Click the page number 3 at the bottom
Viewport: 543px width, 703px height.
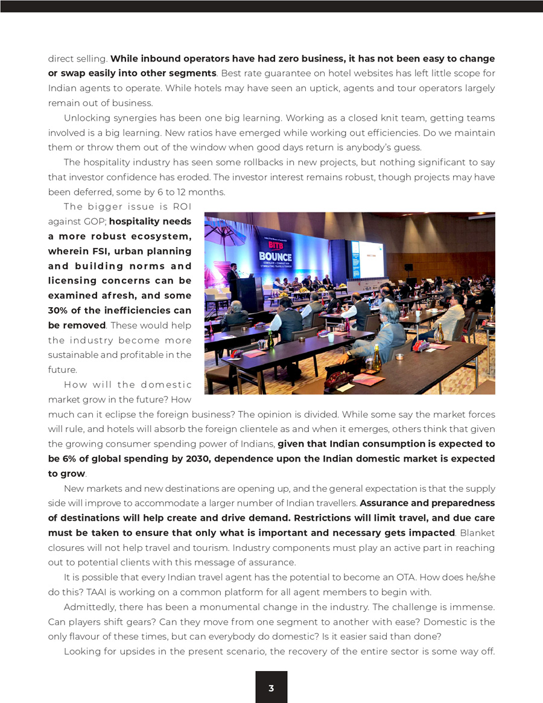[x=271, y=688]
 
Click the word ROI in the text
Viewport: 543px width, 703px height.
[x=182, y=207]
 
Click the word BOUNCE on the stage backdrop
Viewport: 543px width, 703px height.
[x=275, y=256]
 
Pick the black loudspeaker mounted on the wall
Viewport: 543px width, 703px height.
[x=408, y=267]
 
